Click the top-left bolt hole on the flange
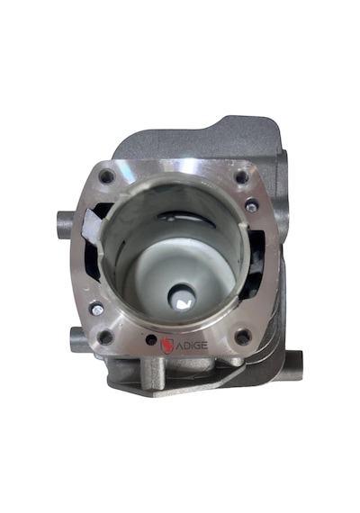click(x=107, y=176)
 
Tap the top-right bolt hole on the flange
click(x=242, y=177)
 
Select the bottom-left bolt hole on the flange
click(x=105, y=337)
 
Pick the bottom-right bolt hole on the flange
click(x=243, y=337)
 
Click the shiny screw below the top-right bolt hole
click(x=252, y=206)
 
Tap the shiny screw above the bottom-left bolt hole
click(x=97, y=309)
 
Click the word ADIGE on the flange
click(x=192, y=346)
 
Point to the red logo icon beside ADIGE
click(x=166, y=346)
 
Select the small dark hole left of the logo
click(x=151, y=340)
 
